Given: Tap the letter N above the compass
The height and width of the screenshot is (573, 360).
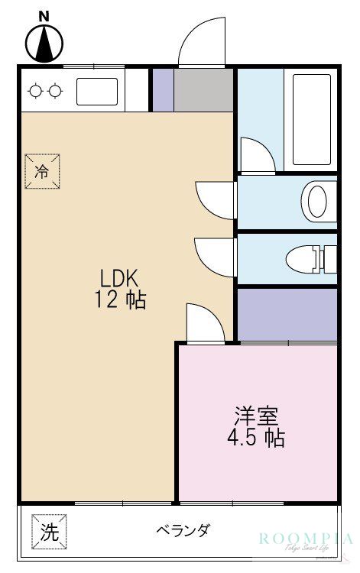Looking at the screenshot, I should (x=44, y=15).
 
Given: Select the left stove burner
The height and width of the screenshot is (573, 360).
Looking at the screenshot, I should (x=35, y=92).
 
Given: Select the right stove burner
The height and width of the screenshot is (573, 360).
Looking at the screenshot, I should (x=55, y=92).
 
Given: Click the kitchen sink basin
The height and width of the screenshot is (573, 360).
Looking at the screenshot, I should (x=97, y=91).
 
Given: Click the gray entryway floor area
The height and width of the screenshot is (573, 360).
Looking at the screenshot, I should (x=203, y=91).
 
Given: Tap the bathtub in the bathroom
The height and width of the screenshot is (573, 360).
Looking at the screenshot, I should (x=312, y=120).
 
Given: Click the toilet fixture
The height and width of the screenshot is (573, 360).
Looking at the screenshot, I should (x=310, y=258).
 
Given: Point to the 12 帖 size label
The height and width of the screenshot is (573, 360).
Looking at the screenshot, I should (x=121, y=300).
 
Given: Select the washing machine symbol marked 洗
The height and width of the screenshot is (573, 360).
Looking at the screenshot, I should (x=49, y=531).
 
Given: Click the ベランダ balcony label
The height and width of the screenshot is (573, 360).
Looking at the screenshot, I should (x=183, y=530).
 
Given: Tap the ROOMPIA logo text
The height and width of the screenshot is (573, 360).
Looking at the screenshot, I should (x=306, y=539).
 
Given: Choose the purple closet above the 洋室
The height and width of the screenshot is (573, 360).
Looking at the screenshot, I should (x=287, y=314).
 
